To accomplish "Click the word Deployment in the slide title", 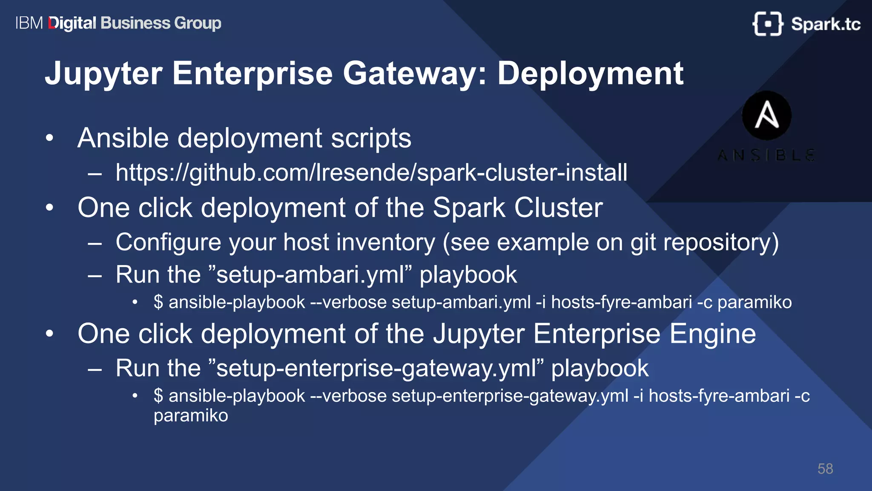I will pos(590,74).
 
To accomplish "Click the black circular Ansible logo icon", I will pos(766,116).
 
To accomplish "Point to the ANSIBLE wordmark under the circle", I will pos(766,155).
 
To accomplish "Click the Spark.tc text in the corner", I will pos(825,24).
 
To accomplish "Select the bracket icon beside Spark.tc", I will pos(767,24).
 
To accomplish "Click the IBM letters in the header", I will pos(29,23).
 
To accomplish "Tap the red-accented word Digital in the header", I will pos(72,23).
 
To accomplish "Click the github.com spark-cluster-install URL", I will pos(371,173).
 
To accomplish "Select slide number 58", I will pos(825,469).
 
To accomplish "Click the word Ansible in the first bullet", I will pos(123,138).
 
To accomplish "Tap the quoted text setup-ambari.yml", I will pos(310,274).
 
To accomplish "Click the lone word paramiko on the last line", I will pos(191,416).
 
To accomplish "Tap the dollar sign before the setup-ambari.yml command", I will pos(158,302).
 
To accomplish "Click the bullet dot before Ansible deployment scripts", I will pos(50,138).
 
